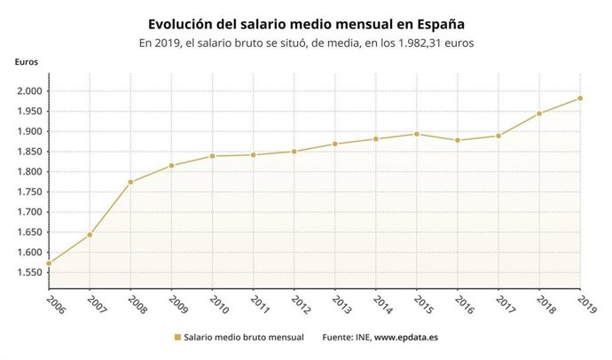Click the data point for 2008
130,182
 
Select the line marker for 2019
580,98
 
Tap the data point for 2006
49,263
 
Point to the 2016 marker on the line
458,140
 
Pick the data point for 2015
417,134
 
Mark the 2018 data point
539,113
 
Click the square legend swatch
177,338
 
